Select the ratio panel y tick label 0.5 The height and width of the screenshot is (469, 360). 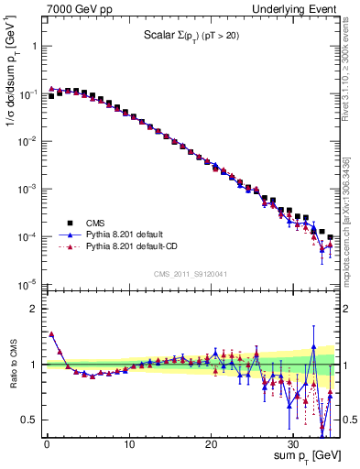(x=32, y=420)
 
